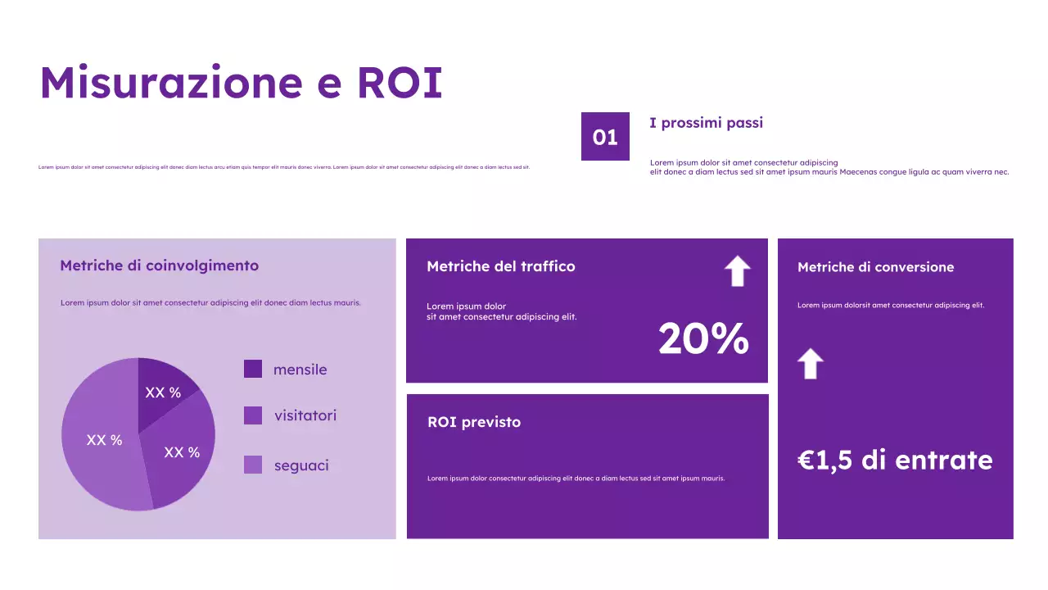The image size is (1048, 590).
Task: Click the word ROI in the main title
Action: [x=399, y=82]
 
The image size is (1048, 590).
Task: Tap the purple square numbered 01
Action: [x=605, y=136]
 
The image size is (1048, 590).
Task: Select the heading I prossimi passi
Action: [x=706, y=123]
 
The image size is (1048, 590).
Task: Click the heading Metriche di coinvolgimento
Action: [x=159, y=265]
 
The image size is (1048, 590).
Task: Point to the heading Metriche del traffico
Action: [x=500, y=266]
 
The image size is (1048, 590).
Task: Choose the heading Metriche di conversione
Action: [x=875, y=267]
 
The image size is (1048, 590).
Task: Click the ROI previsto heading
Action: [x=473, y=422]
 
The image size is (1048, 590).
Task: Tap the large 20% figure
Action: [x=703, y=338]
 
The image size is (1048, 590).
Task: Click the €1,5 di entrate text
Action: [x=895, y=460]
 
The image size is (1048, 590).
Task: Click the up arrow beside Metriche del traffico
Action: [x=738, y=270]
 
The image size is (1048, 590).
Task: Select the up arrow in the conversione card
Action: [x=810, y=363]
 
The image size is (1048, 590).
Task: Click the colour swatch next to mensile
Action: [x=253, y=369]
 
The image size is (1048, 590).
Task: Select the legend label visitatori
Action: [x=305, y=415]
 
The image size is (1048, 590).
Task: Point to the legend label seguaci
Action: [x=301, y=465]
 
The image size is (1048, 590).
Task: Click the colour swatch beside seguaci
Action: [x=253, y=465]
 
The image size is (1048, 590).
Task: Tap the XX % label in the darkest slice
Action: [x=163, y=393]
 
